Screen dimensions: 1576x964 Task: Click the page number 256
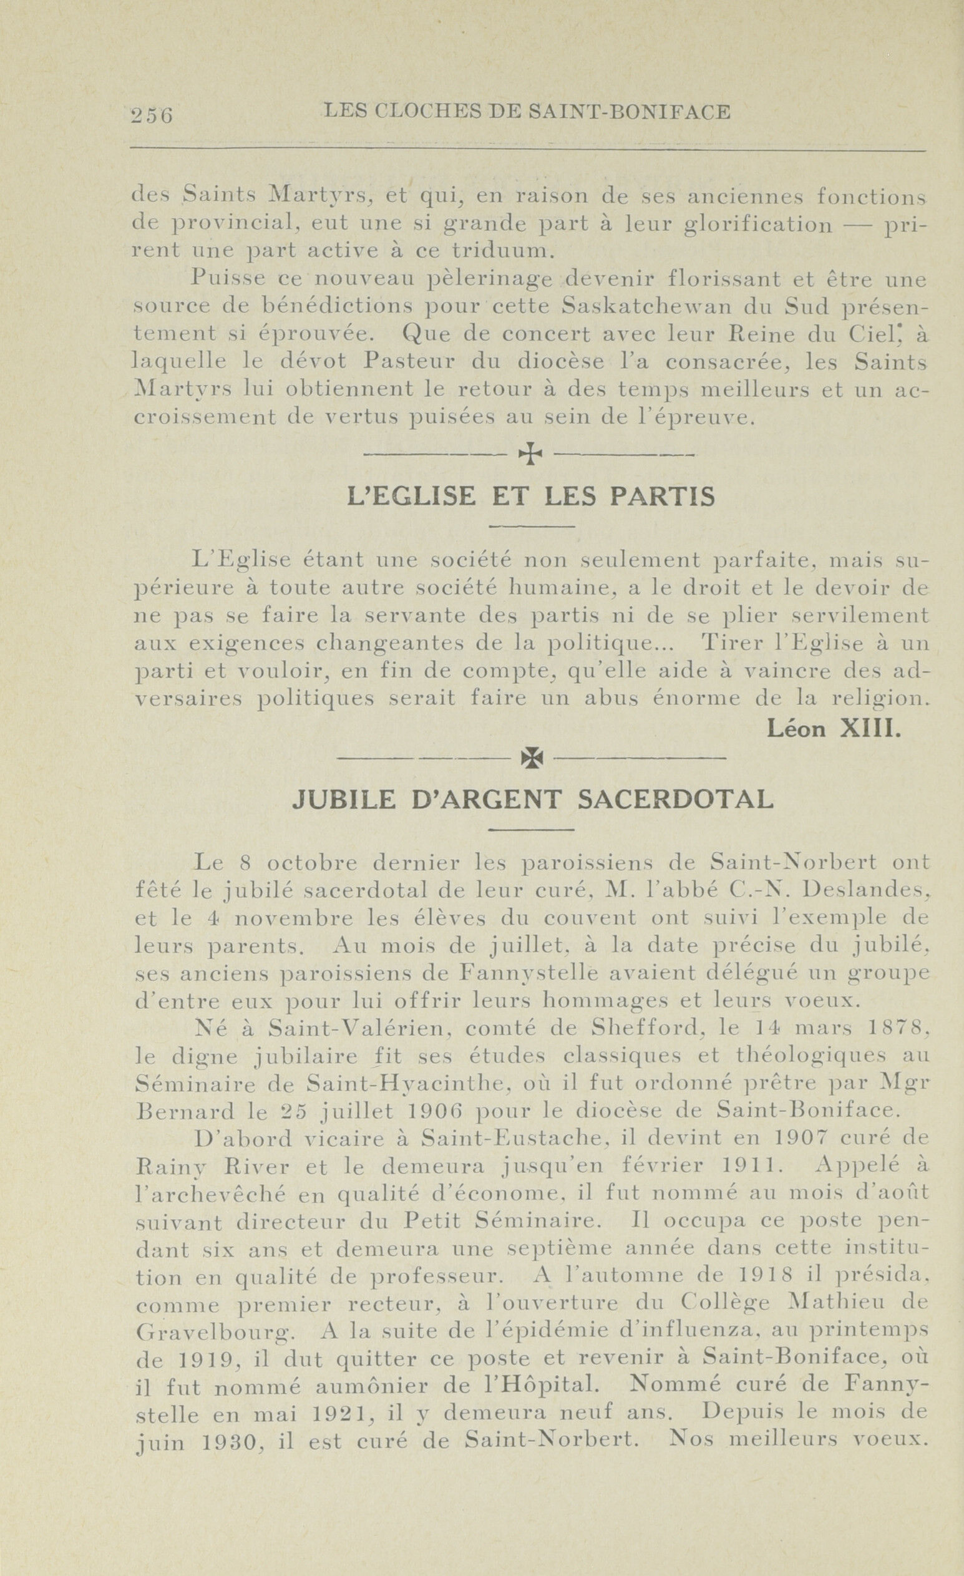click(x=152, y=115)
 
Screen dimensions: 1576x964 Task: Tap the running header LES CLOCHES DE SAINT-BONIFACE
click(x=527, y=112)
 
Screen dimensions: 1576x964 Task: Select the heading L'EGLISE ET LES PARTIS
click(x=530, y=497)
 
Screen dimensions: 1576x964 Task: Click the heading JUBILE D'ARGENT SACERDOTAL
click(x=532, y=799)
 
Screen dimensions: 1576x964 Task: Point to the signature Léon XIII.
click(x=834, y=729)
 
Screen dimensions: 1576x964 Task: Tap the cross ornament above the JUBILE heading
click(x=532, y=758)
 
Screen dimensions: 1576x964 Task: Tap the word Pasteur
click(x=410, y=361)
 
